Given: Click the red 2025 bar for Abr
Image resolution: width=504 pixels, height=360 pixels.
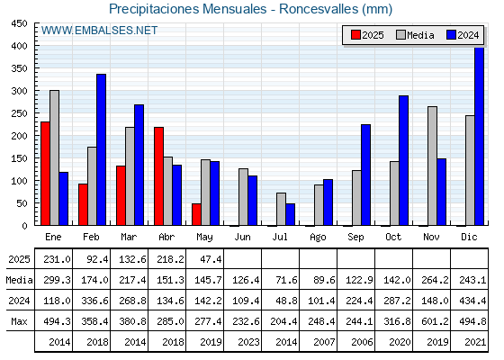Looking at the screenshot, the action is tap(158, 176).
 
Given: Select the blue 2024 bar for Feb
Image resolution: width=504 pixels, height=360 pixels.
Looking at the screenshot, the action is tap(101, 149).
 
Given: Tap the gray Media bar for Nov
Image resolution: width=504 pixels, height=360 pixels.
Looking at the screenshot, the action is tap(432, 166).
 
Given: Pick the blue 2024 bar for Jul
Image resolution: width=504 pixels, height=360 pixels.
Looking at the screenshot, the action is tap(290, 214).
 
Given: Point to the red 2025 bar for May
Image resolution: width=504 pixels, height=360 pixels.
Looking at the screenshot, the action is tap(197, 214).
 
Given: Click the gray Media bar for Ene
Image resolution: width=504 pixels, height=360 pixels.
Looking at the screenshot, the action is tap(54, 157).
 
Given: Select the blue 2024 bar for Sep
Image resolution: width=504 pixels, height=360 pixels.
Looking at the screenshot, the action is tap(365, 175).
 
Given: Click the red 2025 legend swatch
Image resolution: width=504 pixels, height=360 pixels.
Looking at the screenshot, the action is tap(355, 35).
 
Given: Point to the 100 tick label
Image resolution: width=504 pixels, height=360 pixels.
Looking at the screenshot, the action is tap(19, 181).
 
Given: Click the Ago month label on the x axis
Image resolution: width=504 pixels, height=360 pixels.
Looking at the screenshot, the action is tap(318, 238).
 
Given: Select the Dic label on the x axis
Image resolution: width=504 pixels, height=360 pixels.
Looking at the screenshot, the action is tap(469, 237).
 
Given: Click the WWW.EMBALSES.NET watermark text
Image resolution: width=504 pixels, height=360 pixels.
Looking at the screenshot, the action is tap(99, 31).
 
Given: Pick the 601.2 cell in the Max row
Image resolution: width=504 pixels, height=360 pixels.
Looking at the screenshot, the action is tap(435, 321).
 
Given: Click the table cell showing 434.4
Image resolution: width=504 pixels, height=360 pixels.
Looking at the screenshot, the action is tap(472, 301).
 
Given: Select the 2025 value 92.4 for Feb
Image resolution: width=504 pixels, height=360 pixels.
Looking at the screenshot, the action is tap(97, 259).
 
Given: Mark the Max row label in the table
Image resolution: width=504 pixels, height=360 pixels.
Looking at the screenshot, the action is tap(19, 321).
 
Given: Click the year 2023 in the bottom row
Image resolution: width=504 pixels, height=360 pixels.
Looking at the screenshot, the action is tap(248, 342).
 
